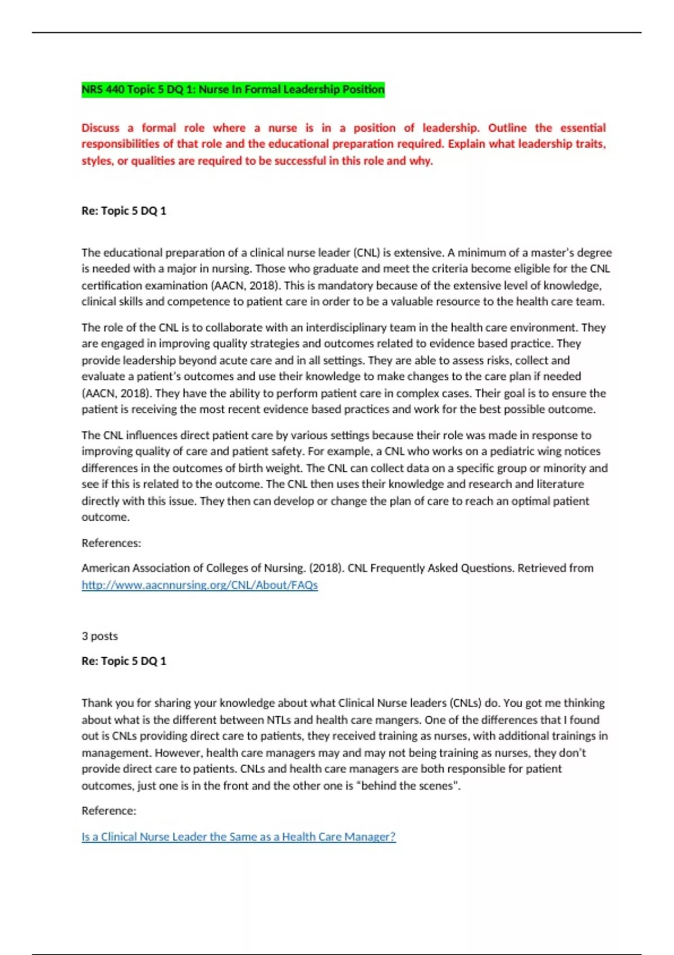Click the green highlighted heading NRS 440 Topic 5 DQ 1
[233, 89]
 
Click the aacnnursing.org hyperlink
[199, 585]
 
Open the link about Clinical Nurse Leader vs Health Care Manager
[238, 836]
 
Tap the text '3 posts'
[99, 636]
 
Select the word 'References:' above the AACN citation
[111, 543]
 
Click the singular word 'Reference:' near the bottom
[109, 811]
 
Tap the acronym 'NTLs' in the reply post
[283, 720]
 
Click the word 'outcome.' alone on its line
[106, 517]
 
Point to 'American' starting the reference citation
[106, 568]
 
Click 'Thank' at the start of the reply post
[96, 703]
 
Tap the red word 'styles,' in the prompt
[97, 161]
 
